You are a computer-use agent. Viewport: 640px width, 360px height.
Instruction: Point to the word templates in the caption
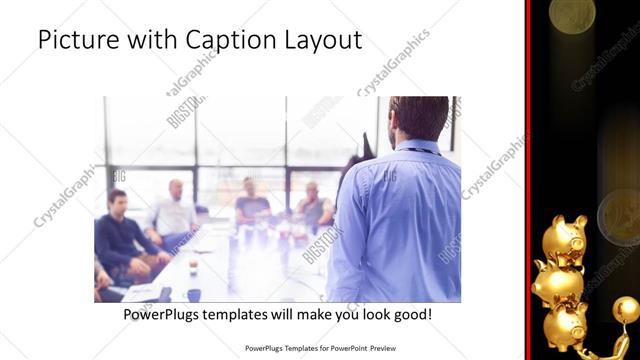point(249,315)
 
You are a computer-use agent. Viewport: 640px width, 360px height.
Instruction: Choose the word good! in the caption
point(412,315)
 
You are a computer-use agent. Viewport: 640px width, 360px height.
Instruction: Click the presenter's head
point(418,118)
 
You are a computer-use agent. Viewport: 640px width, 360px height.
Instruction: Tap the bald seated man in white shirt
point(175,210)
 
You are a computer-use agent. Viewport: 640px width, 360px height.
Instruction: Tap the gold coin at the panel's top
point(572,14)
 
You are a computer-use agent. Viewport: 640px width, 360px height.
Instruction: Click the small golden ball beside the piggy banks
point(625,309)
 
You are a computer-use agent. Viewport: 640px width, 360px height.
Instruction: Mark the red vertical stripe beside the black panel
point(527,180)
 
